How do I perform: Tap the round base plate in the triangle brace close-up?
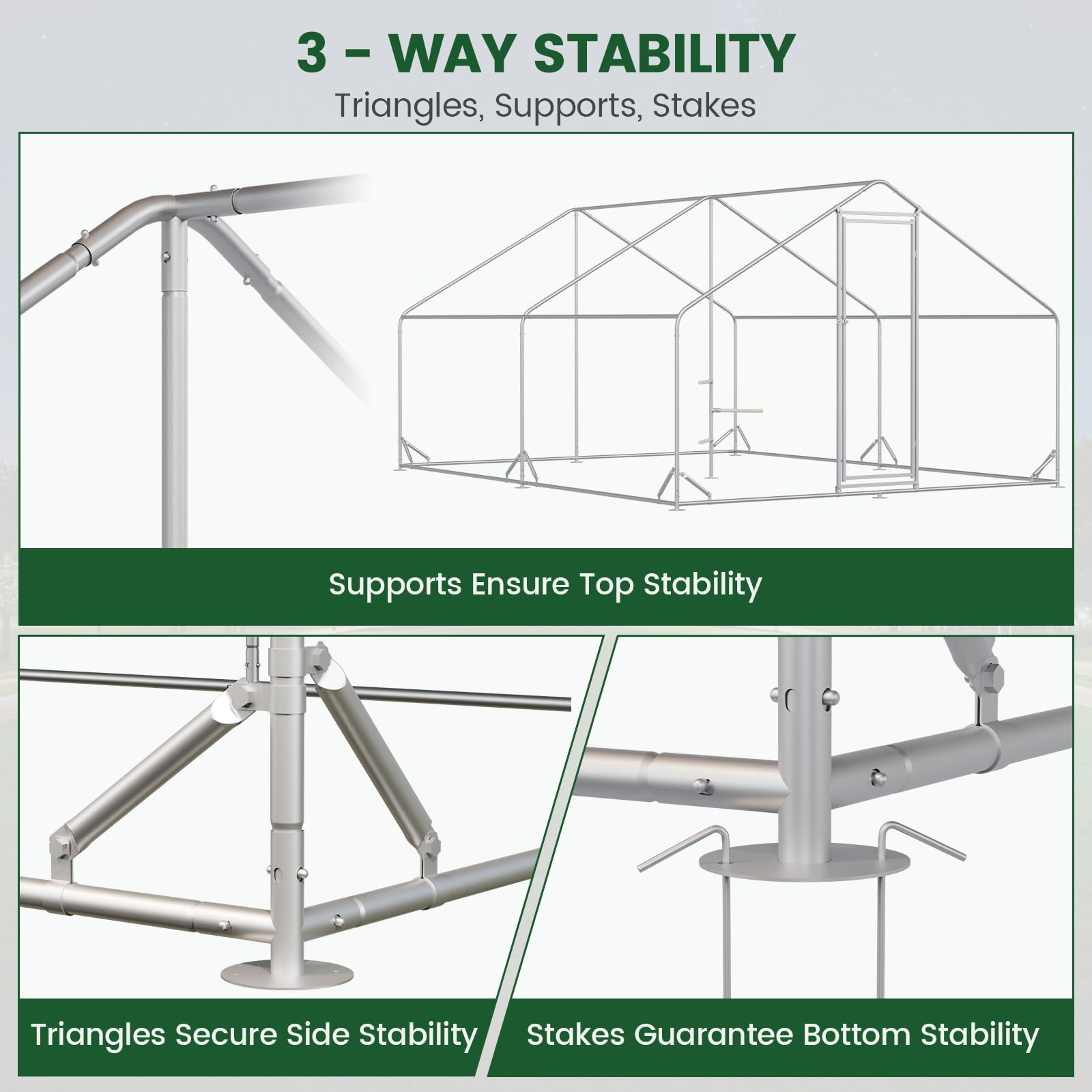280,971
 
